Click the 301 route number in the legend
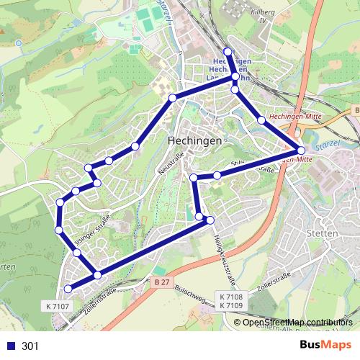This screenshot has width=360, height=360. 31,346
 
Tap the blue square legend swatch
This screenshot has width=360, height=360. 11,346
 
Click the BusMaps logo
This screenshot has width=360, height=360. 325,345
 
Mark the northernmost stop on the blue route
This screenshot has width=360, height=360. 228,51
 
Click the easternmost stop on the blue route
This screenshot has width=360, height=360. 301,150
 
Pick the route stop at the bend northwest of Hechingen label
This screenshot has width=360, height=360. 172,97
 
